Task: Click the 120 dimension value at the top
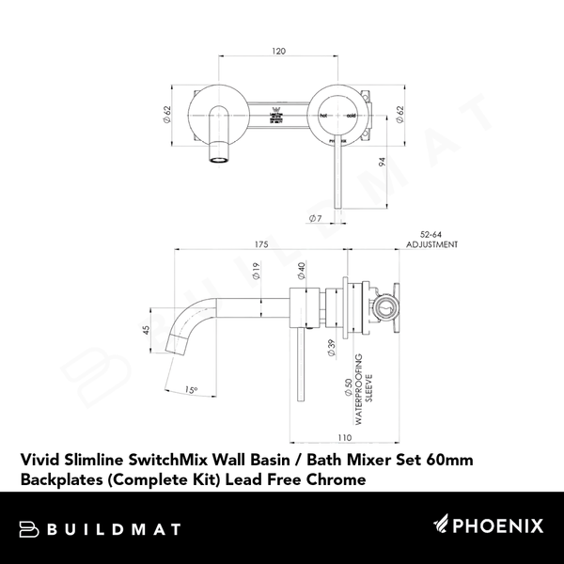click(x=279, y=52)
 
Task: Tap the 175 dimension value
click(x=261, y=244)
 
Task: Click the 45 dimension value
click(x=146, y=330)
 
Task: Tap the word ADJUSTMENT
click(x=432, y=244)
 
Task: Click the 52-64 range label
click(x=433, y=234)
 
